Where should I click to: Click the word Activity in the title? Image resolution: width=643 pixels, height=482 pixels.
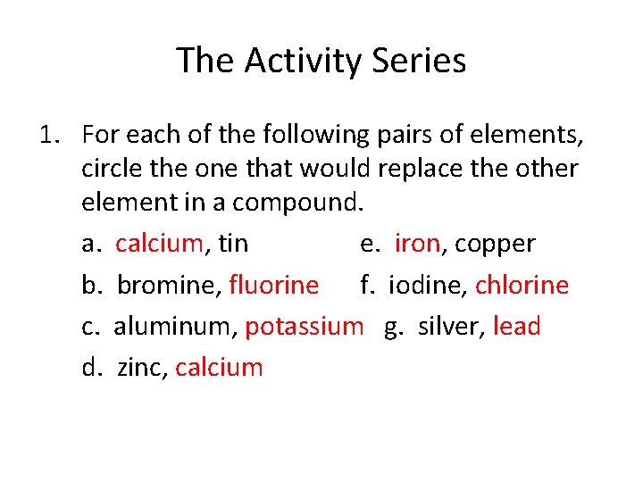tap(296, 61)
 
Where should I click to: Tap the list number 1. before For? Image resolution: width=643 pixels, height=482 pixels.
tap(49, 136)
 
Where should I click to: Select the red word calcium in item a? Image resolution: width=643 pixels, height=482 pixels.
tap(160, 244)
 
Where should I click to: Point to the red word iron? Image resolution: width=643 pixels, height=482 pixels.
tap(417, 244)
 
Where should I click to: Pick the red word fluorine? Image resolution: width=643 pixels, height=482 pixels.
tap(273, 285)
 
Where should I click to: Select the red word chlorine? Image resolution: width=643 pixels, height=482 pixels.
tap(522, 285)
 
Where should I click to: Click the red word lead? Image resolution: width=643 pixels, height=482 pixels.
tap(516, 327)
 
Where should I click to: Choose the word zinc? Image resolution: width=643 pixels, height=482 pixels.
tap(139, 368)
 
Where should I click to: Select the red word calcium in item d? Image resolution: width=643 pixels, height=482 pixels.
tap(219, 368)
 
